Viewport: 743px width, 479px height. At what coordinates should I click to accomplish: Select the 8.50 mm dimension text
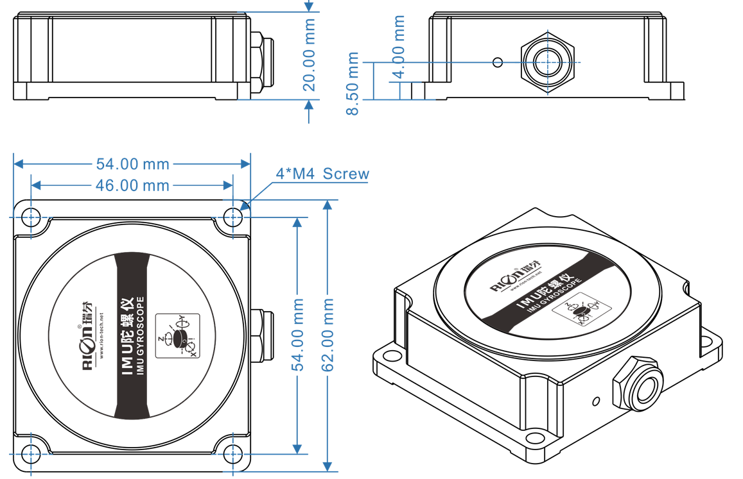tap(353, 83)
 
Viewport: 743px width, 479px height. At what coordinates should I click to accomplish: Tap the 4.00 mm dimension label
tap(399, 47)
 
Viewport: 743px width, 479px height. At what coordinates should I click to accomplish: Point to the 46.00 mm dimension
tap(132, 185)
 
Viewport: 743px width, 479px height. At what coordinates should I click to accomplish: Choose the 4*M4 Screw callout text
tap(322, 174)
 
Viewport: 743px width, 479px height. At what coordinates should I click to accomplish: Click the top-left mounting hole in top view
tap(30, 217)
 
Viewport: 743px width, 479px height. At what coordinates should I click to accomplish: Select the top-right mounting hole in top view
tap(232, 217)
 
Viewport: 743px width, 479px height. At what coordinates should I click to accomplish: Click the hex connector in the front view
tap(547, 62)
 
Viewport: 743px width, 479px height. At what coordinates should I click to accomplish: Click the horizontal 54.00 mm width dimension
tap(132, 164)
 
